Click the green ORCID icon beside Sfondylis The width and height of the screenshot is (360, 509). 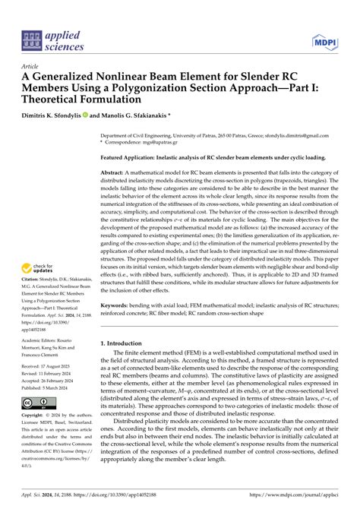tap(93, 115)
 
